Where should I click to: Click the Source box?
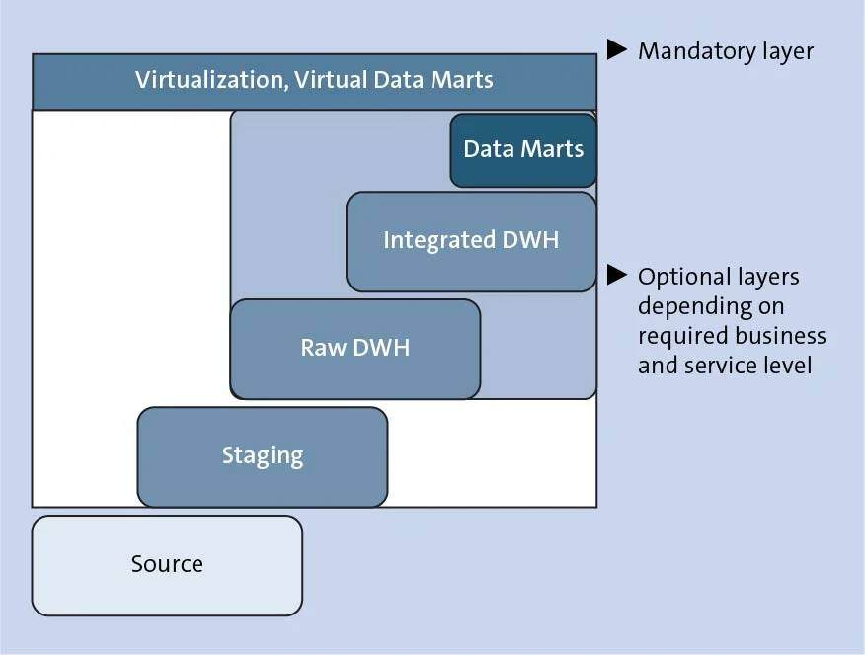[167, 565]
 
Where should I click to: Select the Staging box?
[262, 456]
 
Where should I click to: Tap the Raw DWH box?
[354, 348]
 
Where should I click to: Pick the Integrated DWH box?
[471, 240]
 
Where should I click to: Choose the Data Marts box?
[523, 149]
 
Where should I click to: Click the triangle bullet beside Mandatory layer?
[617, 48]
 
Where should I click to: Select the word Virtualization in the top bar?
[209, 79]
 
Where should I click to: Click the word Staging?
[262, 456]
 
